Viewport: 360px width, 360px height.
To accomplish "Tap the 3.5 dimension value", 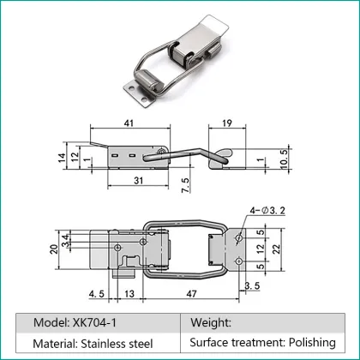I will (x=251, y=285).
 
